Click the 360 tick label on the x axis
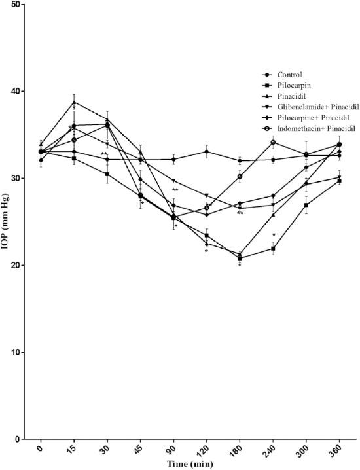[337, 452]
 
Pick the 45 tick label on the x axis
[139, 452]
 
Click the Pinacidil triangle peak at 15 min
[74, 103]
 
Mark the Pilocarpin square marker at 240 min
[273, 249]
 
